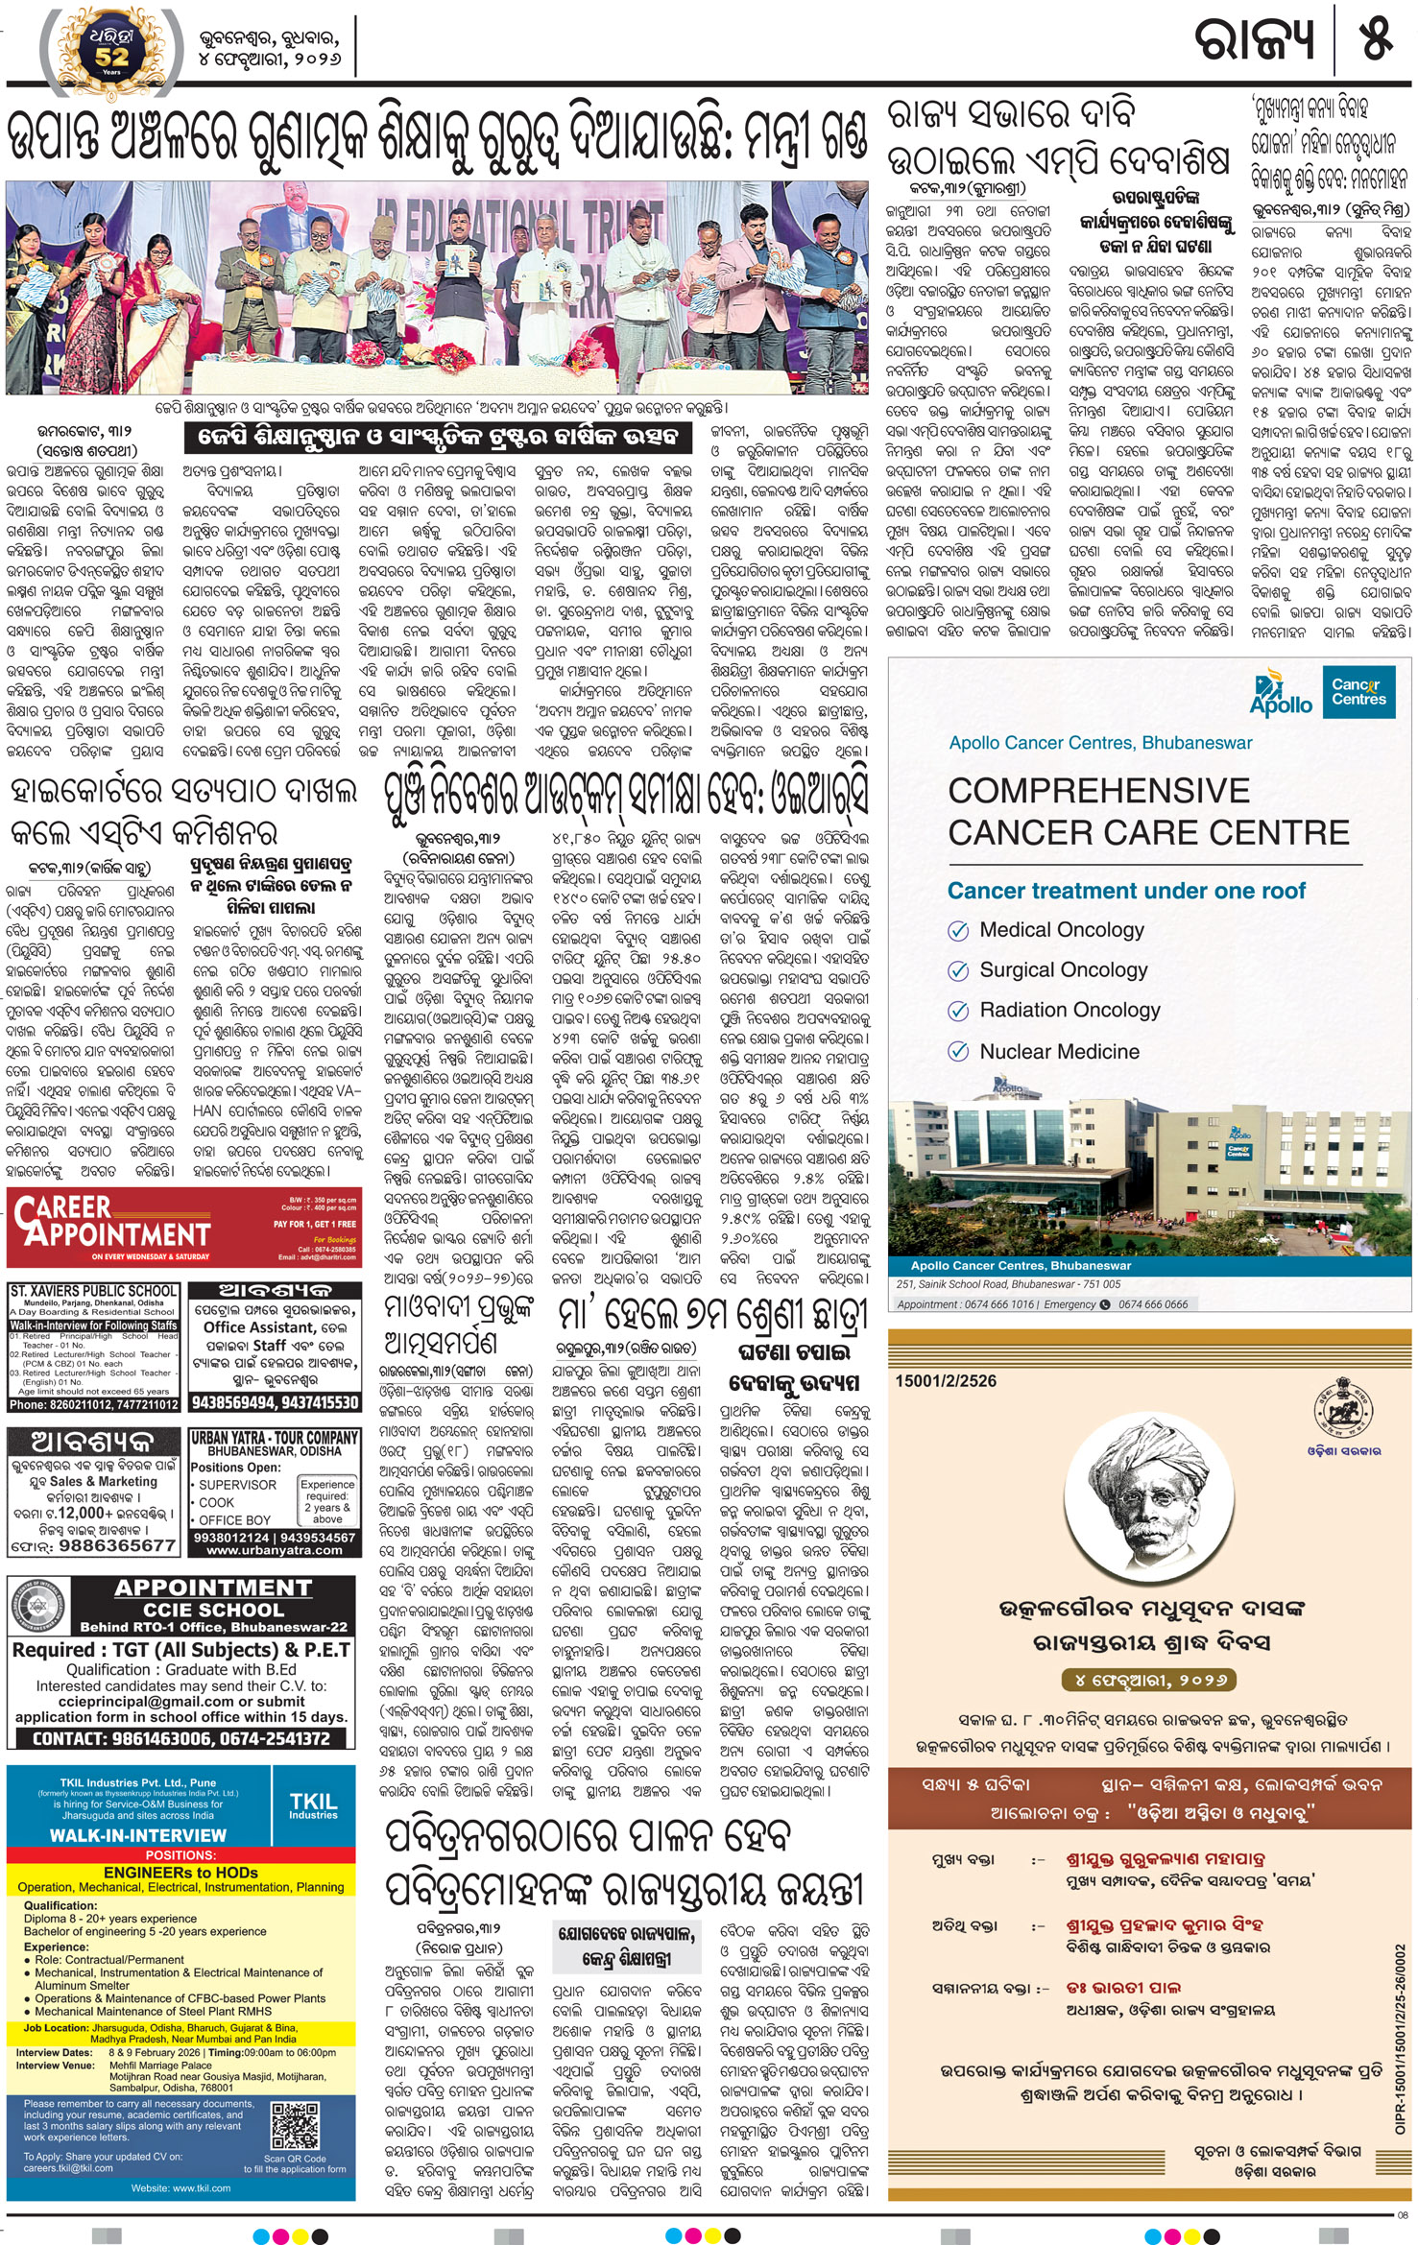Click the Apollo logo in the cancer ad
point(1281,696)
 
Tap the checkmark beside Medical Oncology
point(957,930)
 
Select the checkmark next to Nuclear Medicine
point(957,1051)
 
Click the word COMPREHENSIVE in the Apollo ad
point(1099,791)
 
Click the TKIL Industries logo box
point(313,1806)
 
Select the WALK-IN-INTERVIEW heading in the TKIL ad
point(138,1835)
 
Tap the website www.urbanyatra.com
point(275,1549)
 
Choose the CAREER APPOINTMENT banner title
point(111,1222)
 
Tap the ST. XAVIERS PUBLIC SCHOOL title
point(93,1291)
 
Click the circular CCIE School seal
point(39,1612)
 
